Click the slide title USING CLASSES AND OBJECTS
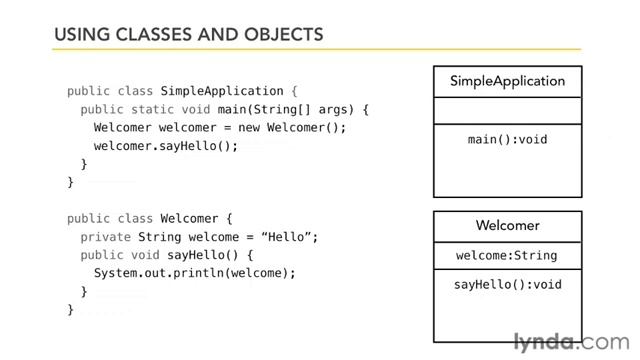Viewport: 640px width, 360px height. pyautogui.click(x=188, y=35)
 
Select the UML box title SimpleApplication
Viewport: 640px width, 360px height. pyautogui.click(x=507, y=81)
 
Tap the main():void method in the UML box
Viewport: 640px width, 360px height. pyautogui.click(x=507, y=139)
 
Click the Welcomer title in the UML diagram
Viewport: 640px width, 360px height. pyautogui.click(x=507, y=226)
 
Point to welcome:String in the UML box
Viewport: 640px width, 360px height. pyautogui.click(x=507, y=255)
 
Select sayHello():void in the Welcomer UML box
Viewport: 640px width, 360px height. pyautogui.click(x=507, y=285)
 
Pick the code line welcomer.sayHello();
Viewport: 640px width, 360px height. pyautogui.click(x=166, y=145)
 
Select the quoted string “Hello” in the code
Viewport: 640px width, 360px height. pyautogui.click(x=293, y=236)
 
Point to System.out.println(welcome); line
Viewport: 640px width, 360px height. pyautogui.click(x=195, y=272)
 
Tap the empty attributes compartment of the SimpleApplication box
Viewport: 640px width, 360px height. pyautogui.click(x=507, y=110)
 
